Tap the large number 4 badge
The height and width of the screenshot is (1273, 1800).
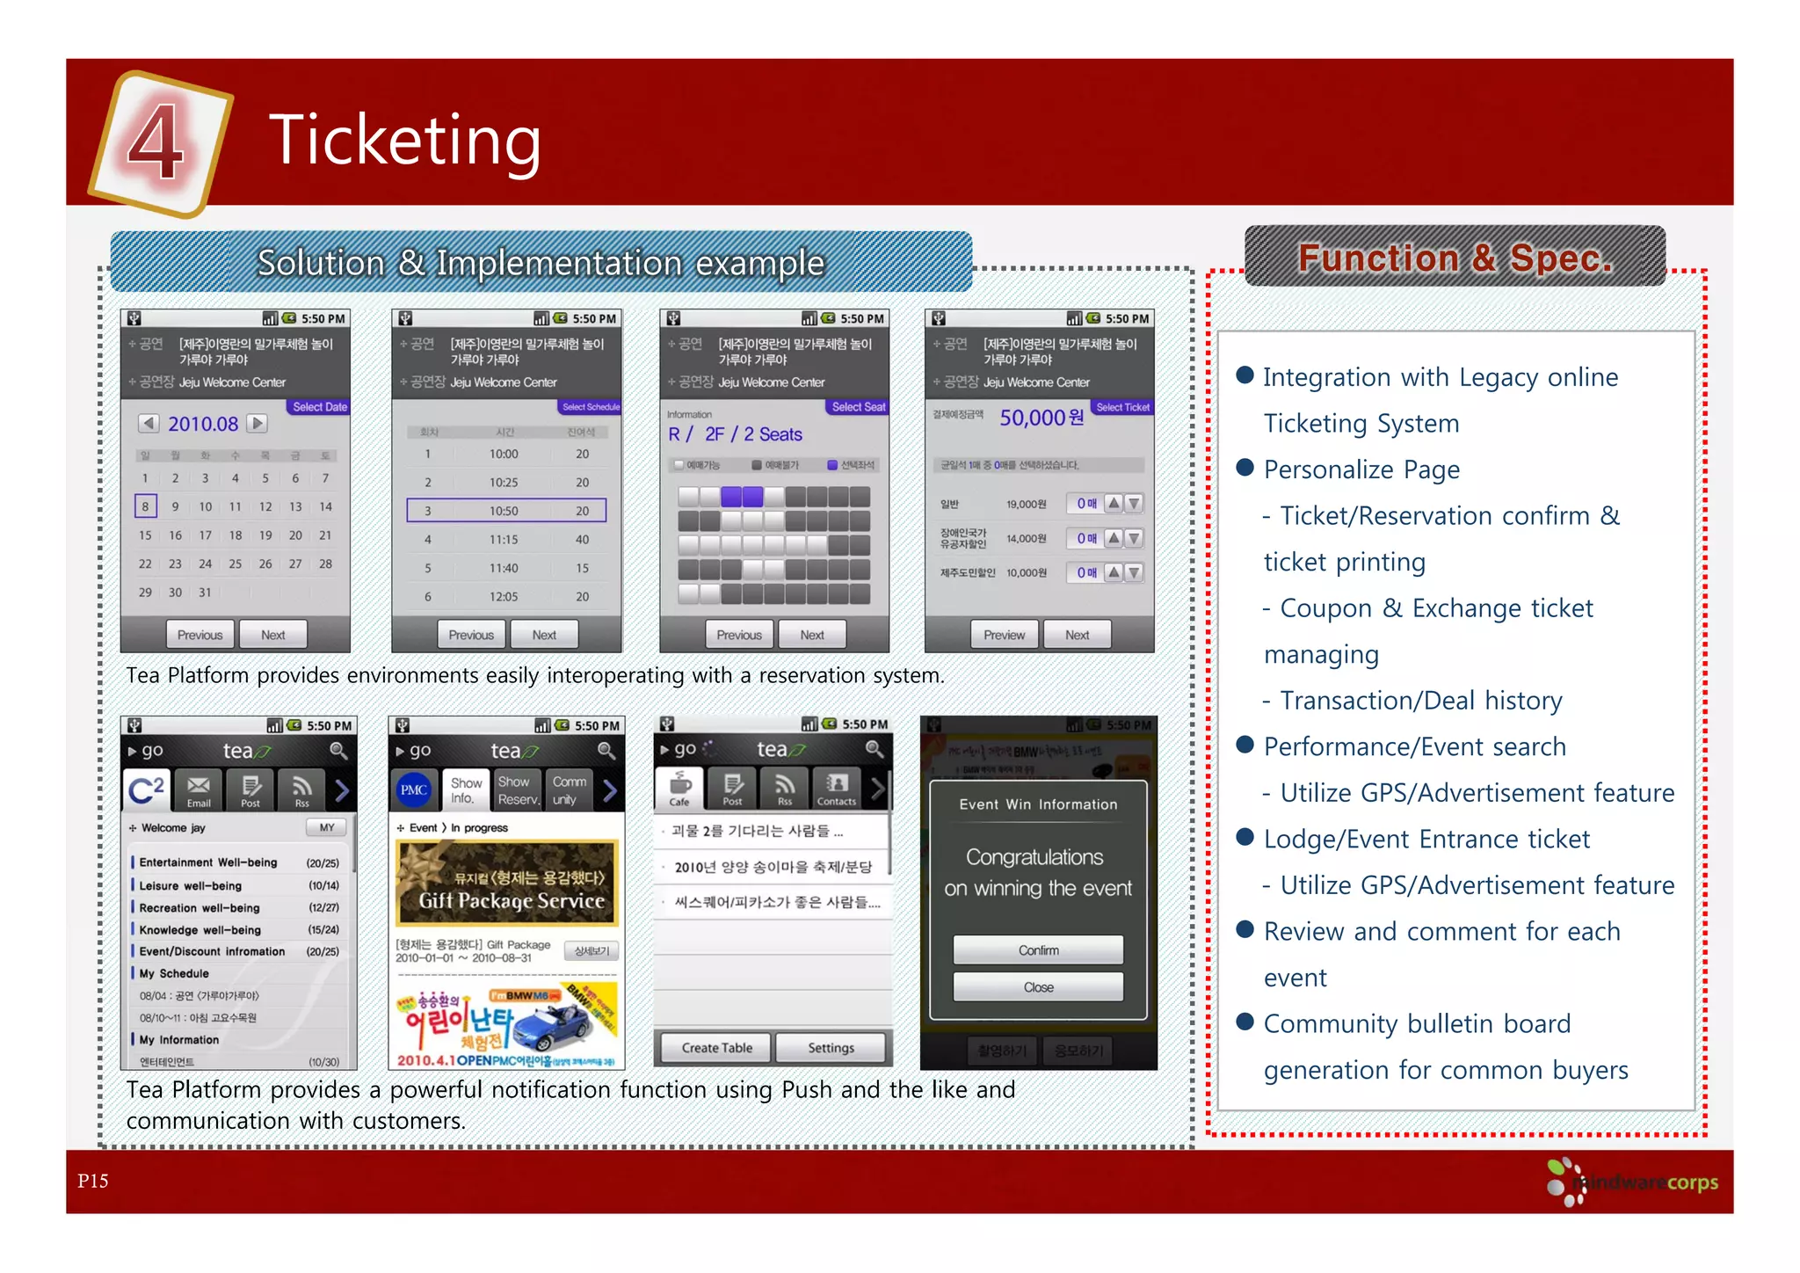click(x=158, y=141)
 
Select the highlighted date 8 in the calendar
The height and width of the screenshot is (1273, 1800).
click(x=146, y=506)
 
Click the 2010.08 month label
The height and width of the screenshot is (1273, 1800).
click(x=203, y=424)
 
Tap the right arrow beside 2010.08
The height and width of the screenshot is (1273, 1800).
click(x=258, y=423)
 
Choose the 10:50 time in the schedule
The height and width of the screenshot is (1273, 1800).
click(x=504, y=511)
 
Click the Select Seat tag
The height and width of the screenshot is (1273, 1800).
click(x=858, y=407)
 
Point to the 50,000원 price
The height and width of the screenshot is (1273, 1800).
click(x=1041, y=418)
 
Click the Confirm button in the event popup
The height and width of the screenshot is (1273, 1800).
click(x=1038, y=950)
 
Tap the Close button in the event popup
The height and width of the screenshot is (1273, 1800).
click(x=1038, y=987)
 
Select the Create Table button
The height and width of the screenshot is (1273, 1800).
click(x=716, y=1048)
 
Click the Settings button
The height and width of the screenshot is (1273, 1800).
click(x=831, y=1048)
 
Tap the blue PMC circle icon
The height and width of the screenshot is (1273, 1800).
click(x=414, y=789)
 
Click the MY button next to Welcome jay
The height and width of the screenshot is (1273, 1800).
click(x=327, y=827)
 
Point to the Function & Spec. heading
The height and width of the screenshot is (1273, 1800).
click(x=1455, y=258)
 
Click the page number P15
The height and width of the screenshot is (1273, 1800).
click(x=93, y=1181)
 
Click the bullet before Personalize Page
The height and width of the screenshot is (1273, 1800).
click(x=1245, y=468)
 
